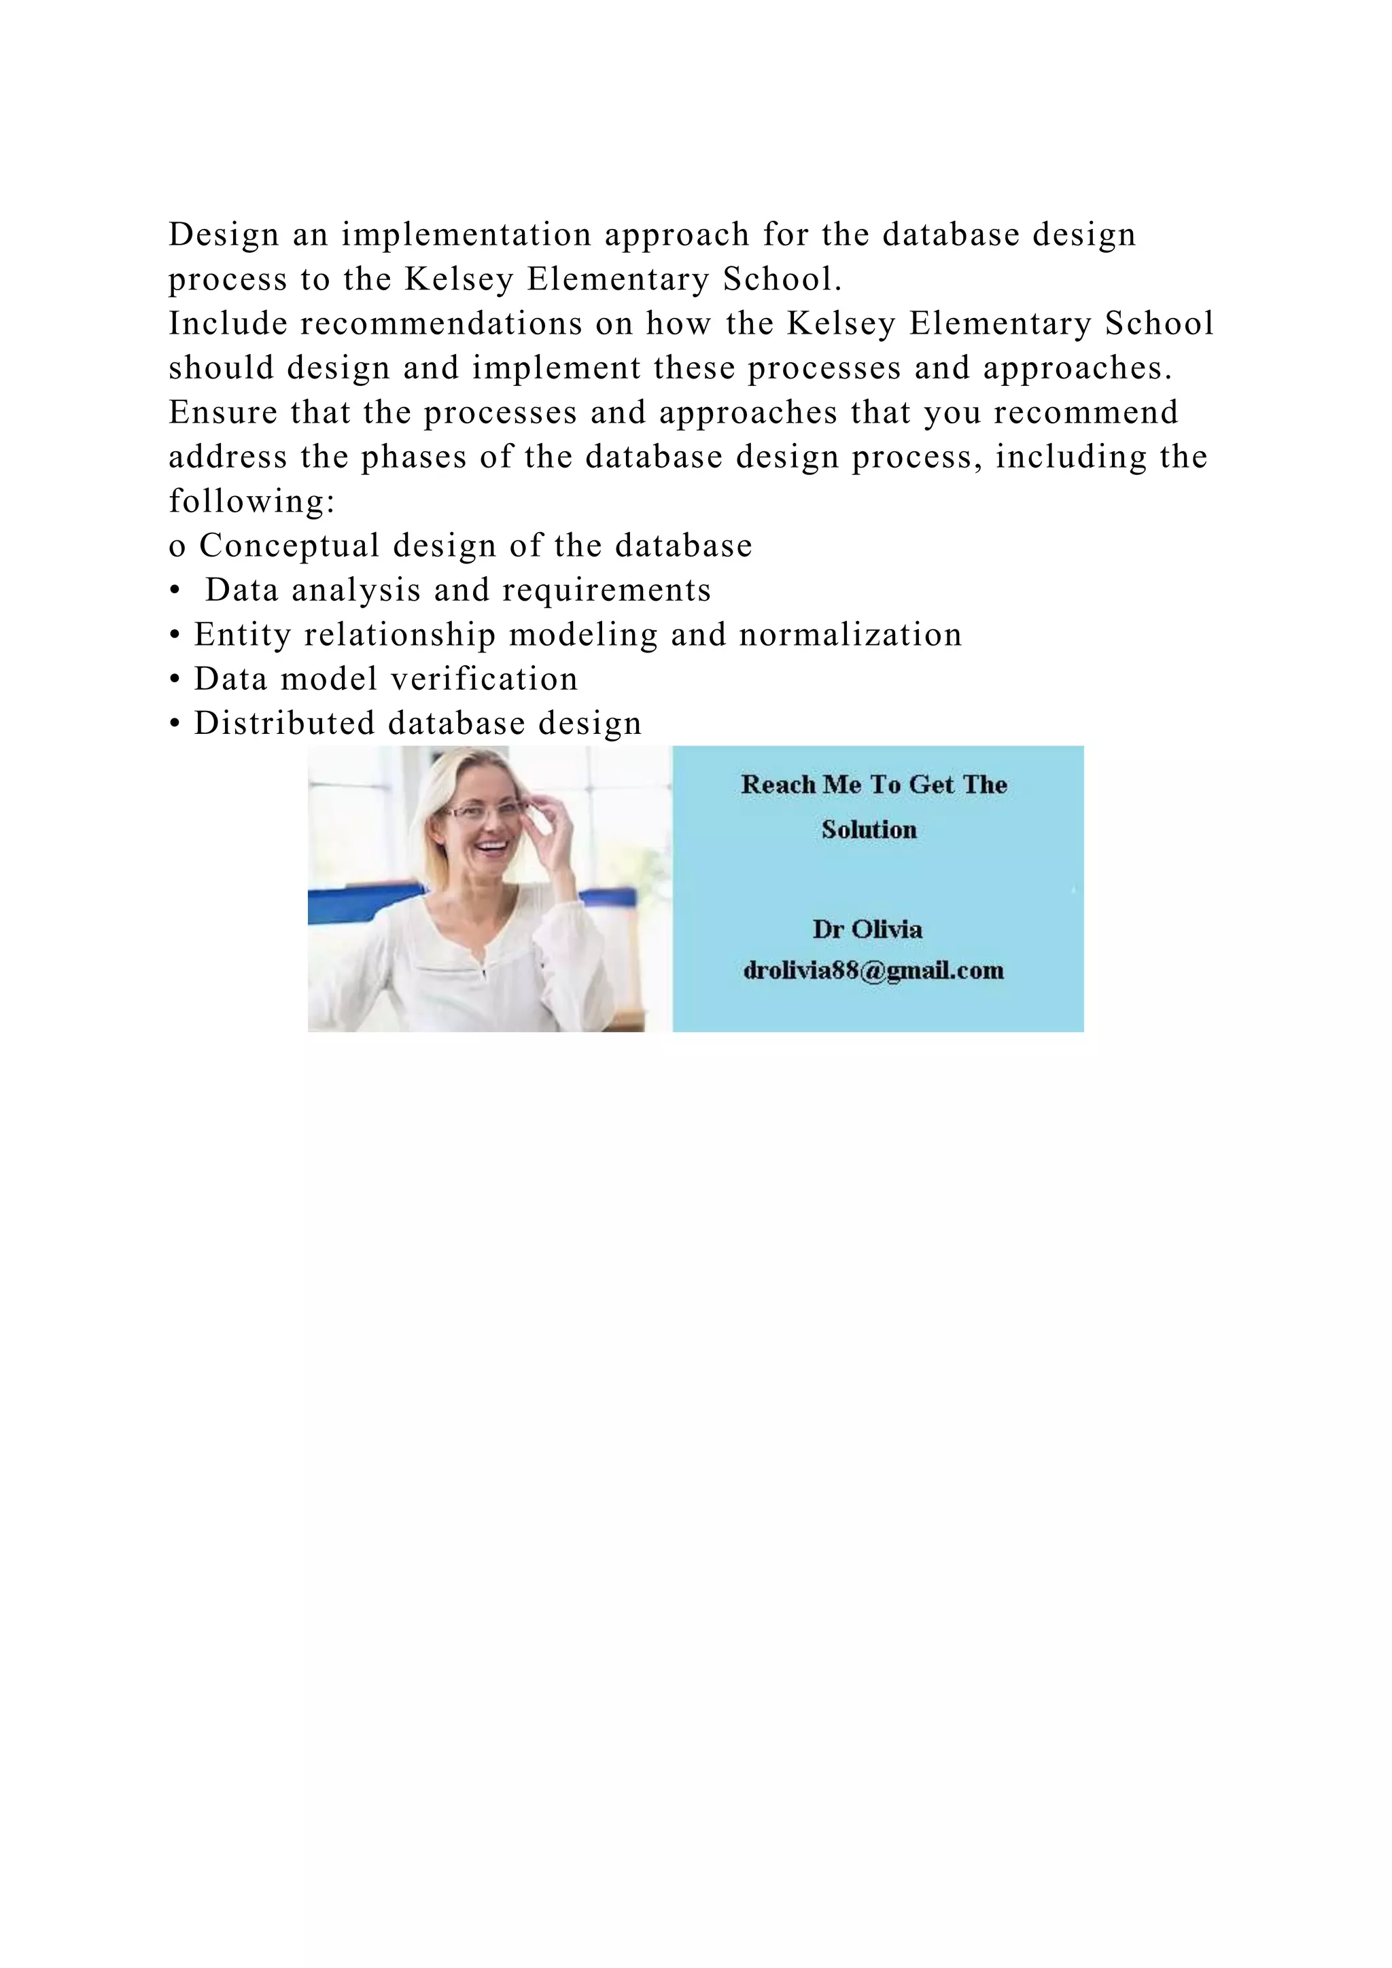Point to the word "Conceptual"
290,546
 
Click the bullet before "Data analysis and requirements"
175,591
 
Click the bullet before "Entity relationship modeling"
175,635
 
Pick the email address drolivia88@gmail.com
873,970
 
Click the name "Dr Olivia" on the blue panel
867,929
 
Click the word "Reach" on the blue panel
778,784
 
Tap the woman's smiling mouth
491,849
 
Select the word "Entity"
243,635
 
